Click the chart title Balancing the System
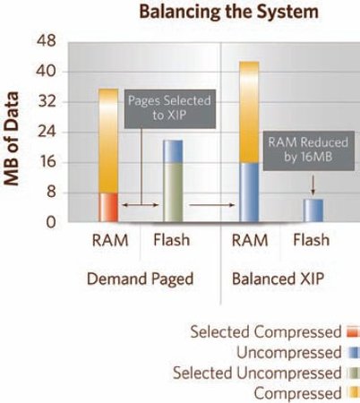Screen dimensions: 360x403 click(228, 12)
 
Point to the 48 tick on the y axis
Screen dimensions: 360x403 click(47, 40)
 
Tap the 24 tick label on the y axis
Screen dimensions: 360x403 click(47, 132)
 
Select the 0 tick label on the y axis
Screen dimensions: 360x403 click(51, 222)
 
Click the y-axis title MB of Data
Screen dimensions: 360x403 click(12, 139)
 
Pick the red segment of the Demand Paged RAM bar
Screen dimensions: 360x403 click(108, 207)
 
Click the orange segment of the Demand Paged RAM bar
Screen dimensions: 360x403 click(108, 141)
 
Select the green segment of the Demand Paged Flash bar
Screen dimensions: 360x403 click(173, 193)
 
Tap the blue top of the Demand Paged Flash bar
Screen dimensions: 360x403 click(173, 151)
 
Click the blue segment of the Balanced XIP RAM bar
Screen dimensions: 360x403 click(249, 193)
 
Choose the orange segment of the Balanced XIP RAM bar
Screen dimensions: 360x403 click(249, 112)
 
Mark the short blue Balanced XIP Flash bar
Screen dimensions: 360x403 click(313, 210)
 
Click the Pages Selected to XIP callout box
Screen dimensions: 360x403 click(170, 108)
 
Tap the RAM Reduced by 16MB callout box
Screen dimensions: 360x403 click(309, 150)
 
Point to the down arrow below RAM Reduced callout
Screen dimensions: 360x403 click(313, 185)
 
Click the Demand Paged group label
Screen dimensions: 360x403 click(140, 279)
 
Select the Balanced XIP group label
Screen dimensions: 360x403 click(278, 279)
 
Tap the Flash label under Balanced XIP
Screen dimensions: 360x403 click(312, 240)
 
